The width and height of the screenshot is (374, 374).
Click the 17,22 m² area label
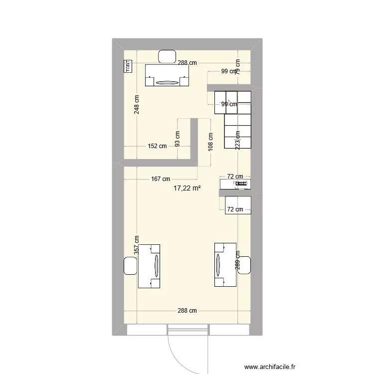187,188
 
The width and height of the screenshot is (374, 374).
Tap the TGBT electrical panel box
128,66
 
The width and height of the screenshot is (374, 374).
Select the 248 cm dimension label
137,104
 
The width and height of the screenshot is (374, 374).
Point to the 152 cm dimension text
157,146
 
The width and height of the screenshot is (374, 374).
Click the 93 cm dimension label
178,138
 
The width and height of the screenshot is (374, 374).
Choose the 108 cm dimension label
211,142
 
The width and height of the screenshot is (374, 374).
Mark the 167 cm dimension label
160,179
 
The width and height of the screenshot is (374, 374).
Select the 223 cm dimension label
238,140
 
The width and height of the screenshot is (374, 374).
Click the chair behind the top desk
167,56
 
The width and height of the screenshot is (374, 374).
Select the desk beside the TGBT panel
168,75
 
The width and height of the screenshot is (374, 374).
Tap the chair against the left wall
130,265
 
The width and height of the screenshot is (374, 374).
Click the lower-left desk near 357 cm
150,266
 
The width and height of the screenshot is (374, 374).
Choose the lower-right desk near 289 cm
225,265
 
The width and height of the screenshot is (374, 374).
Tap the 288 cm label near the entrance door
187,310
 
